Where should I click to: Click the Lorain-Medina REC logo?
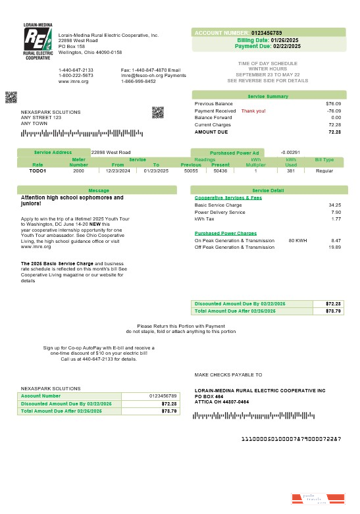(37, 42)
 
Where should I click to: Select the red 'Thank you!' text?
(253, 111)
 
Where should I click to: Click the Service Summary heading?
(268, 96)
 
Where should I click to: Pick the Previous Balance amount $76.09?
(333, 103)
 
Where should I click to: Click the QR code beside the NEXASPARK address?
(157, 112)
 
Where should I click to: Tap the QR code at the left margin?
(11, 97)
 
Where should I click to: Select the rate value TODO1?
(38, 170)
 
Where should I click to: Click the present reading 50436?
(220, 170)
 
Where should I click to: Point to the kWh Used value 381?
(290, 170)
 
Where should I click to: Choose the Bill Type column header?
(324, 159)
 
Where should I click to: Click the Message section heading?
(98, 190)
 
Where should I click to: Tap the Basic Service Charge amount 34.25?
(334, 205)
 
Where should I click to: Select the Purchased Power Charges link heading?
(226, 233)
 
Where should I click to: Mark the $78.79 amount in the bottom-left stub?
(169, 411)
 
